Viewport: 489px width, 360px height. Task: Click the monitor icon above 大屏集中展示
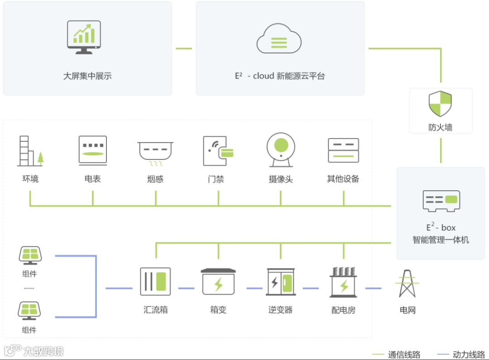coord(84,37)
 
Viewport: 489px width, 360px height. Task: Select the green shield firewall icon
coord(440,104)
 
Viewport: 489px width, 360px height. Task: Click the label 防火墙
coord(440,128)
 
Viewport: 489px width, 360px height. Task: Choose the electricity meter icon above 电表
coord(93,149)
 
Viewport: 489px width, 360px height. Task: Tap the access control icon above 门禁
coord(218,151)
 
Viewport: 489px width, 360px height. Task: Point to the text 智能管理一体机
coord(441,240)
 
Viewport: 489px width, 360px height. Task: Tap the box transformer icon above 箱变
coord(218,283)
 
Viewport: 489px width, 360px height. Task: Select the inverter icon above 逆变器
coord(281,283)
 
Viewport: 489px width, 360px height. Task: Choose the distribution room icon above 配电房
coord(343,282)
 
